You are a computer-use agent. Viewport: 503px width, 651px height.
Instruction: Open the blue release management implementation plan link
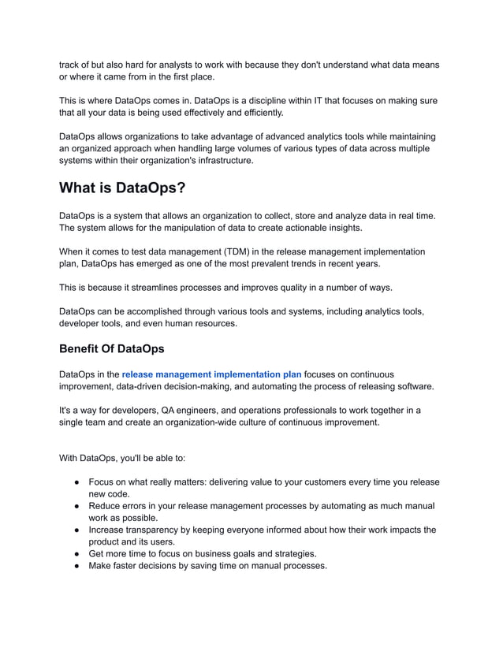coord(211,374)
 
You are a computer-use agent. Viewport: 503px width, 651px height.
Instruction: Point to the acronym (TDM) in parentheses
coord(257,251)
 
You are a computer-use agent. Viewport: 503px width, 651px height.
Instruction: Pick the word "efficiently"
coord(245,113)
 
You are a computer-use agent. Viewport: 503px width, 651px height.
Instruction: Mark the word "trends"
coord(302,264)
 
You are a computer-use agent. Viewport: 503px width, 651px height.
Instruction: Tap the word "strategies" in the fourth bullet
coord(291,553)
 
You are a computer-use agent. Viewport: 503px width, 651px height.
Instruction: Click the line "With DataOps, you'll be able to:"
coord(122,458)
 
